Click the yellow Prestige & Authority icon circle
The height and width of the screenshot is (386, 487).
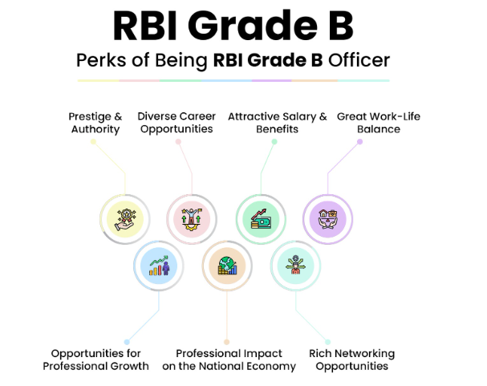[x=125, y=219]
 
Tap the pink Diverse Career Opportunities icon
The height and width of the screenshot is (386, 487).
[x=192, y=219]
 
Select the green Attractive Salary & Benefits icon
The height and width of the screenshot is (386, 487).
[x=261, y=219]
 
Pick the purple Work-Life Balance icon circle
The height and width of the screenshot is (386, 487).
[x=327, y=219]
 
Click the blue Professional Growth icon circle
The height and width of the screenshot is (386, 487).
[x=159, y=266]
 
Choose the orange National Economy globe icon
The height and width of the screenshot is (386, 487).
[x=227, y=266]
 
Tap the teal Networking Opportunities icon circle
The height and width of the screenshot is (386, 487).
[x=295, y=266]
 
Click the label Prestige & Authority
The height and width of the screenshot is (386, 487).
[x=95, y=123]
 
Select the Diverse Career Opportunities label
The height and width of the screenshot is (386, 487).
[x=177, y=123]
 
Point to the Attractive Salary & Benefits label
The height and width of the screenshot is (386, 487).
[x=278, y=123]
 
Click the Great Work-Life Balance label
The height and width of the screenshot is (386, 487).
[x=379, y=123]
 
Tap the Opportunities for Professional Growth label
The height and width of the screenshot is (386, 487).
[x=95, y=360]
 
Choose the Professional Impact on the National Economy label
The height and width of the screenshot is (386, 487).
[x=229, y=360]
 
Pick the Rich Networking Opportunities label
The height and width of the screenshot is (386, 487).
[x=352, y=360]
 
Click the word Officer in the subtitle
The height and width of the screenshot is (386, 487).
[x=359, y=60]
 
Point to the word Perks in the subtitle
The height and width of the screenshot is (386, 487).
[x=101, y=60]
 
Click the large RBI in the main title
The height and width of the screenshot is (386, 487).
[x=145, y=26]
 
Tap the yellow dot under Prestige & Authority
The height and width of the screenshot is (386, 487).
[x=93, y=141]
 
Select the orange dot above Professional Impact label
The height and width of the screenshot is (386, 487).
[x=227, y=342]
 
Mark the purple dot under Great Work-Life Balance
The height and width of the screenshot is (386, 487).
[x=359, y=141]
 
